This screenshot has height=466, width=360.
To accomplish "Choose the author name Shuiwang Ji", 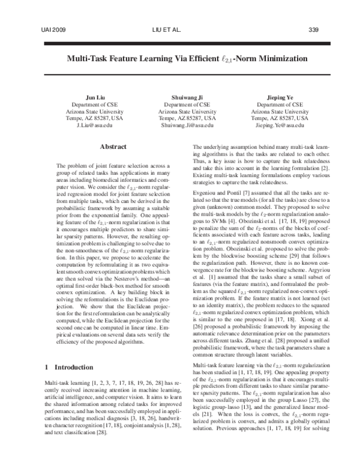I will click(179, 95).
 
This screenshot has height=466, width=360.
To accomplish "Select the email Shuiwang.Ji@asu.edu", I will click(179, 126).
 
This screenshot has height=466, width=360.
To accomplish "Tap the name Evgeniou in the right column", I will click(208, 203).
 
